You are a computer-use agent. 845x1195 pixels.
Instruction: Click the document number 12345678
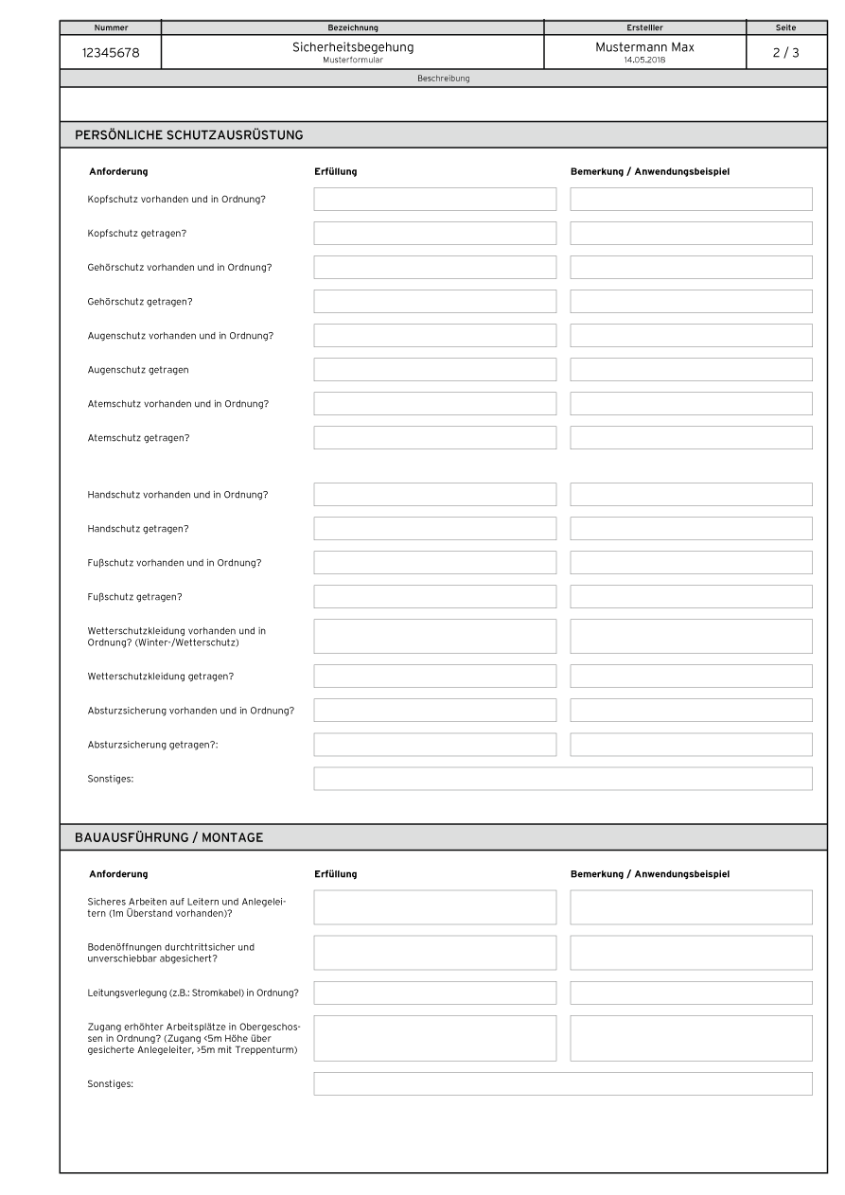click(x=112, y=53)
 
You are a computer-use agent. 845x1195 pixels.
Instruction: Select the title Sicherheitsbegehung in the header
click(x=352, y=47)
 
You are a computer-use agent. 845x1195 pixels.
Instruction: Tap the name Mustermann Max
click(x=644, y=47)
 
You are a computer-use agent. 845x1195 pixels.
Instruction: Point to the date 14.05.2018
click(x=644, y=61)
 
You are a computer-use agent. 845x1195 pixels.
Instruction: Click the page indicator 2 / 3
click(x=785, y=53)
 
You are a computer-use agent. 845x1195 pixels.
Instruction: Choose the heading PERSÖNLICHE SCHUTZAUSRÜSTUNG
click(x=189, y=135)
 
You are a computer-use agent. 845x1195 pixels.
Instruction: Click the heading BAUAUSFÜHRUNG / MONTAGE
click(x=169, y=837)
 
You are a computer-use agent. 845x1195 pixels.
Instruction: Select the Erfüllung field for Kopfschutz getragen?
click(x=434, y=234)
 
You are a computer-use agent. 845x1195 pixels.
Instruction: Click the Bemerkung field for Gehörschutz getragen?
click(x=691, y=302)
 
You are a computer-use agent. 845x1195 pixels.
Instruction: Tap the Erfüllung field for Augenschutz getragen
click(x=434, y=370)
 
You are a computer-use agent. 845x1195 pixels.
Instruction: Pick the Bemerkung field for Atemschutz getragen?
click(x=691, y=438)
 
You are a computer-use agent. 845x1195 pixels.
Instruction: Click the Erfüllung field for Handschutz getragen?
click(x=434, y=529)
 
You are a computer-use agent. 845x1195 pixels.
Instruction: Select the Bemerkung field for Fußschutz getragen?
click(x=691, y=597)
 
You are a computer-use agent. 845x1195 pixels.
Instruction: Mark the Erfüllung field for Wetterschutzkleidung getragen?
click(x=434, y=677)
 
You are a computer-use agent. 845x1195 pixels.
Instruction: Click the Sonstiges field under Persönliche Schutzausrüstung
click(x=562, y=779)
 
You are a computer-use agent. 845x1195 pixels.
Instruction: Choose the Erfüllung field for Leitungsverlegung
click(x=434, y=993)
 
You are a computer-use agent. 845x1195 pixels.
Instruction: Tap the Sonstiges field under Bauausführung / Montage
click(x=562, y=1083)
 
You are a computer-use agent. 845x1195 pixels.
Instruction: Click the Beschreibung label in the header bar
click(x=443, y=79)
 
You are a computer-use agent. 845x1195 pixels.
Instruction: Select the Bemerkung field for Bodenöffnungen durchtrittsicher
click(x=691, y=953)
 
